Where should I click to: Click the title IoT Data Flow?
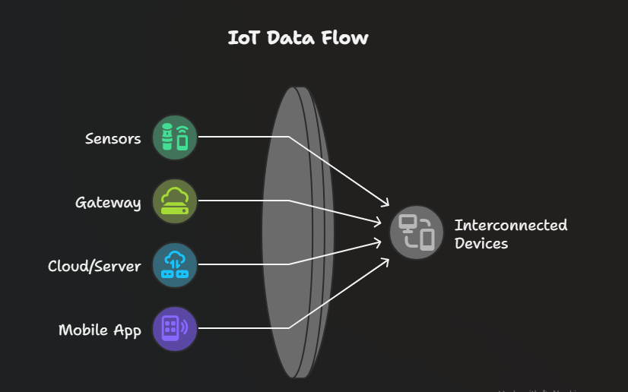pos(298,37)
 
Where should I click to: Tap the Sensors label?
pos(113,138)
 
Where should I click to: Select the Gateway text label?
pos(108,203)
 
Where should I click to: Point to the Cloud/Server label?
pos(94,266)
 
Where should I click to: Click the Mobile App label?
pos(100,330)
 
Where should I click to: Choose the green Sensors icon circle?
pos(175,138)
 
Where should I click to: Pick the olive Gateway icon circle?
pos(175,201)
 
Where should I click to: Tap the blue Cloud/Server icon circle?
pos(175,265)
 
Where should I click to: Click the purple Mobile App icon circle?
pos(175,329)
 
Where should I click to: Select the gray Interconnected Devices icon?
pos(417,232)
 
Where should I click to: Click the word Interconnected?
pos(511,226)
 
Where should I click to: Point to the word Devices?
pos(481,244)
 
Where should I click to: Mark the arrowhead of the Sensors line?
pos(386,204)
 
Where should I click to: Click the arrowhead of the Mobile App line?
pos(386,261)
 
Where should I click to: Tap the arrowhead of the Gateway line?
pos(377,223)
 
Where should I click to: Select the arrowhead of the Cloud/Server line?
pos(378,242)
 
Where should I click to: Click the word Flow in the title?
pos(346,37)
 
